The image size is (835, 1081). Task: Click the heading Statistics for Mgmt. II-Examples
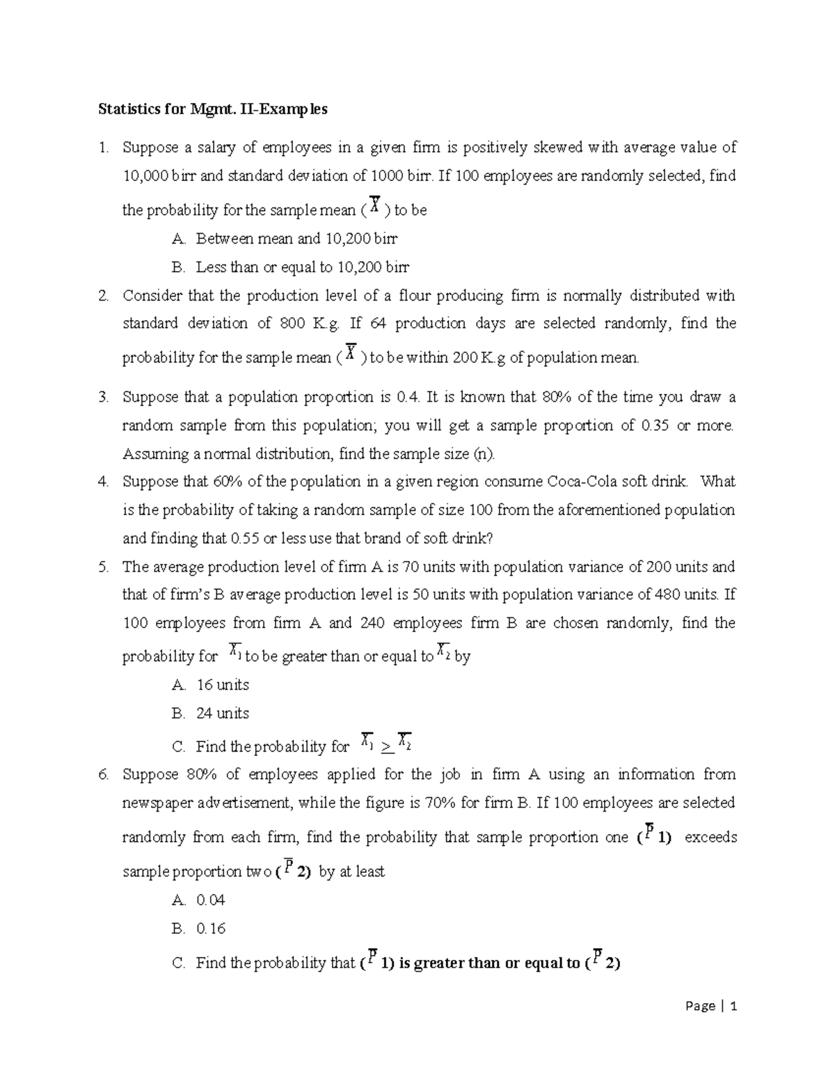click(212, 109)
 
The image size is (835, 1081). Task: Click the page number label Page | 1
click(710, 1006)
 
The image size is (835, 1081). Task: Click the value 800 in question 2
click(292, 323)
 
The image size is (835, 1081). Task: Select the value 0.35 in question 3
click(654, 425)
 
